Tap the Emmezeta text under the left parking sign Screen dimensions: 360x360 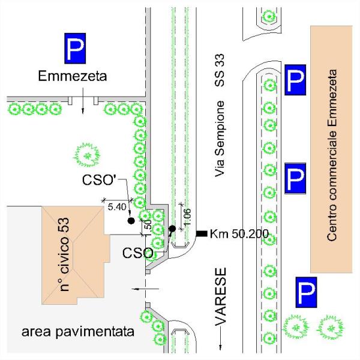(x=72, y=77)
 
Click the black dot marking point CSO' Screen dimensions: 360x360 (x=131, y=221)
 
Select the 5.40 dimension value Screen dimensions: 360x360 (x=116, y=207)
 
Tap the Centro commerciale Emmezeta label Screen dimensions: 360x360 (x=332, y=155)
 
